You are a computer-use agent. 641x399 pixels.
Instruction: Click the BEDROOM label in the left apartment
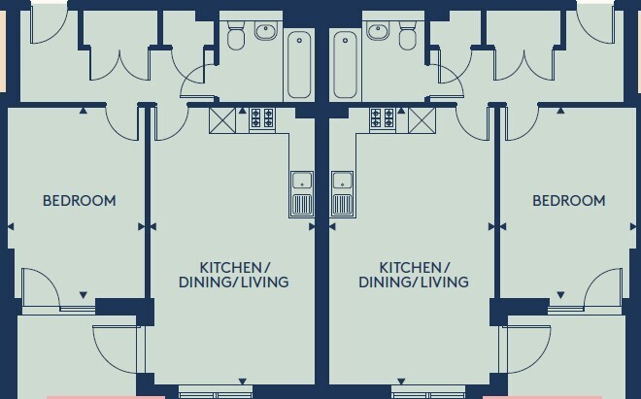point(80,201)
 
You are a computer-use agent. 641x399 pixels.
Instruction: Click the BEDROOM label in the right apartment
point(568,201)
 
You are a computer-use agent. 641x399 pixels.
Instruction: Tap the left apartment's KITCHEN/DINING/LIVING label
point(234,275)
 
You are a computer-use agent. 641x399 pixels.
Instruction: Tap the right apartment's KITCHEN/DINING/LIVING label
point(414,275)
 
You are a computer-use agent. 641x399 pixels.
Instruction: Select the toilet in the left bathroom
point(235,36)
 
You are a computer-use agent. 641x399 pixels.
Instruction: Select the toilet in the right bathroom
point(407,36)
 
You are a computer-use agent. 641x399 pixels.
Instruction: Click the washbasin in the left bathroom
point(266,31)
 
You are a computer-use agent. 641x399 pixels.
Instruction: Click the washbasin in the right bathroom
point(378,31)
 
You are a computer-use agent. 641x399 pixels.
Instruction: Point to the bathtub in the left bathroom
point(299,65)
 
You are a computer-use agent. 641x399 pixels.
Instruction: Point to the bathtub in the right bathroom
point(346,65)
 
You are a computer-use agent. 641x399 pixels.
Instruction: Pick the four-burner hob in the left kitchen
point(262,117)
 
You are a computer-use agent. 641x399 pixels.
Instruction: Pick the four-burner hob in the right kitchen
point(383,117)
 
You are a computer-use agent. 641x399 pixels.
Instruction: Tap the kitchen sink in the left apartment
point(302,194)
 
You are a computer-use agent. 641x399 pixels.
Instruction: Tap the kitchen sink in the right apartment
point(342,194)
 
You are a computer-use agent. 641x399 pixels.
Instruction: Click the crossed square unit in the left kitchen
point(222,120)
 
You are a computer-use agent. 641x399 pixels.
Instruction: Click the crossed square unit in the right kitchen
point(422,120)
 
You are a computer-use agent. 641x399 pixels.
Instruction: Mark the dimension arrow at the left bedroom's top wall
point(83,111)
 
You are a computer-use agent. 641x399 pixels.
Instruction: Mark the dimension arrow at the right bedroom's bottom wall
point(560,295)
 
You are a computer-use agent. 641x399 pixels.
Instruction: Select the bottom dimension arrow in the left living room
point(243,382)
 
